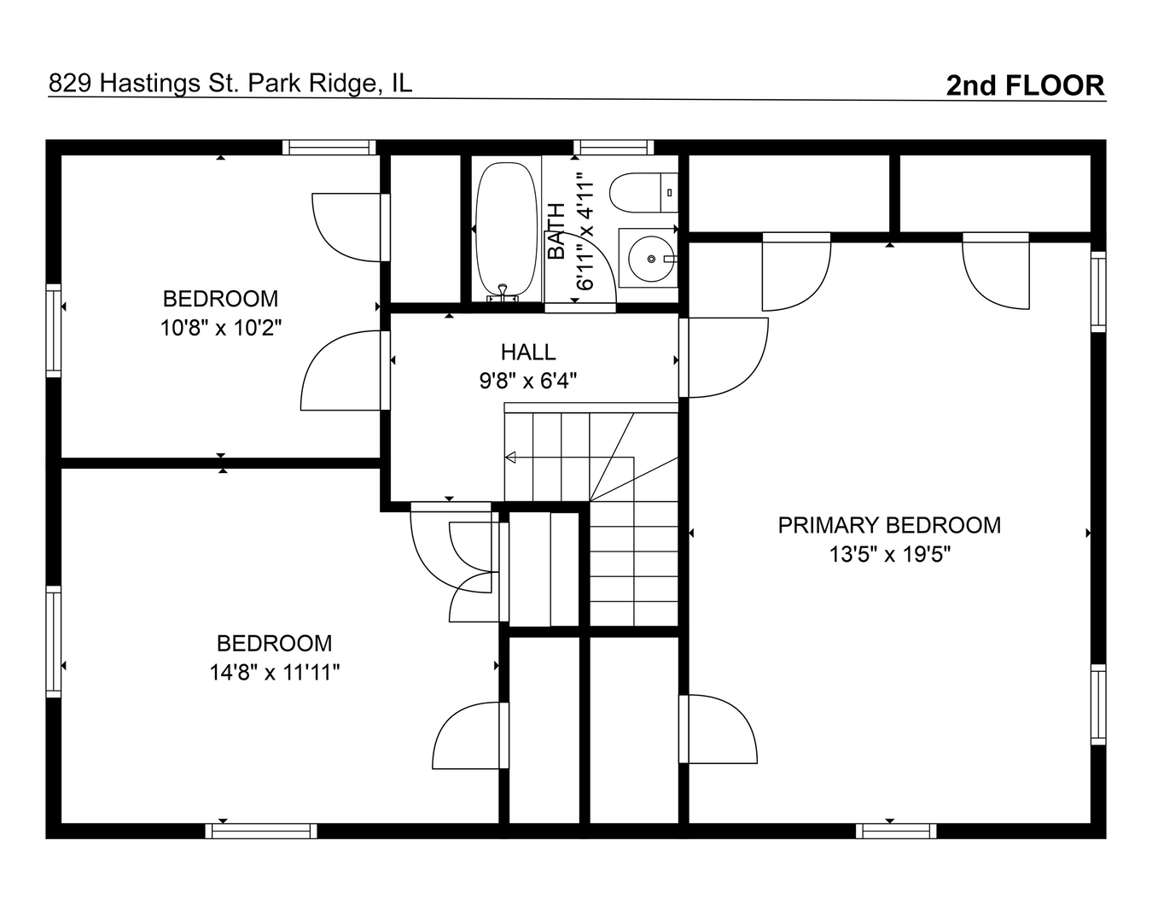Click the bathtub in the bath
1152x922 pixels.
click(507, 229)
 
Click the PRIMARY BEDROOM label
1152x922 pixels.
click(889, 525)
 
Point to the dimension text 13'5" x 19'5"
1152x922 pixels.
click(889, 554)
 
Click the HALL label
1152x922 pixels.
click(528, 352)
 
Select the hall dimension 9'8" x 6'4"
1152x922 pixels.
click(528, 381)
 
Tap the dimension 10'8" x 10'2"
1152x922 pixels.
click(221, 328)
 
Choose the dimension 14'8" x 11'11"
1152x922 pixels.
click(275, 673)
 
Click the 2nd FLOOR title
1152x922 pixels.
click(1025, 85)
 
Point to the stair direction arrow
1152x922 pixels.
click(511, 458)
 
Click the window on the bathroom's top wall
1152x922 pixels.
click(613, 147)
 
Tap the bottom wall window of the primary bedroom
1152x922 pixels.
click(895, 831)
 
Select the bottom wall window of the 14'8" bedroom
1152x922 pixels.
click(261, 831)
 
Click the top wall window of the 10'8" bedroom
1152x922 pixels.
click(329, 147)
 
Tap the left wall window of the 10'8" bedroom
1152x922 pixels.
click(54, 330)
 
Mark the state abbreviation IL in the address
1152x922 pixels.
click(401, 83)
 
